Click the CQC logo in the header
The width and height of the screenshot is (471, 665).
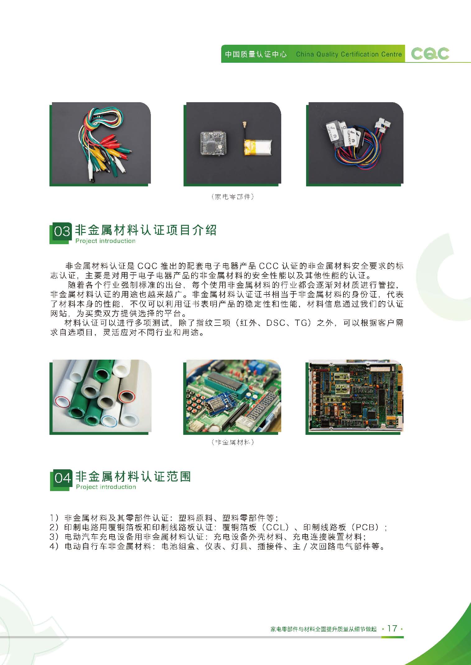point(430,54)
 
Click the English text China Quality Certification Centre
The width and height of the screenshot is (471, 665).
point(349,54)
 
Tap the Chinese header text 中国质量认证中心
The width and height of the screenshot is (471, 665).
point(256,54)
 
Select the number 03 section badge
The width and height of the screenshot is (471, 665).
point(62,231)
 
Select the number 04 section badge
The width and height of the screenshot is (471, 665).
point(62,478)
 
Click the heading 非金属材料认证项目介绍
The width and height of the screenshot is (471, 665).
point(146,230)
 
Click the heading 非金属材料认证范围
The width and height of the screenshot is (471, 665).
point(133,476)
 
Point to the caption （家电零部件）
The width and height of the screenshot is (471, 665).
point(232,197)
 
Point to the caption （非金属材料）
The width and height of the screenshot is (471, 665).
point(232,442)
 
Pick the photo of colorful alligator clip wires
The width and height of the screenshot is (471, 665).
point(100,144)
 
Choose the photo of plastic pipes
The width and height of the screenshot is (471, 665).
point(100,397)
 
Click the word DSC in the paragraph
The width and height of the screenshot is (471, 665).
point(276,323)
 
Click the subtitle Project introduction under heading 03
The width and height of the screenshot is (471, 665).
point(105,241)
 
